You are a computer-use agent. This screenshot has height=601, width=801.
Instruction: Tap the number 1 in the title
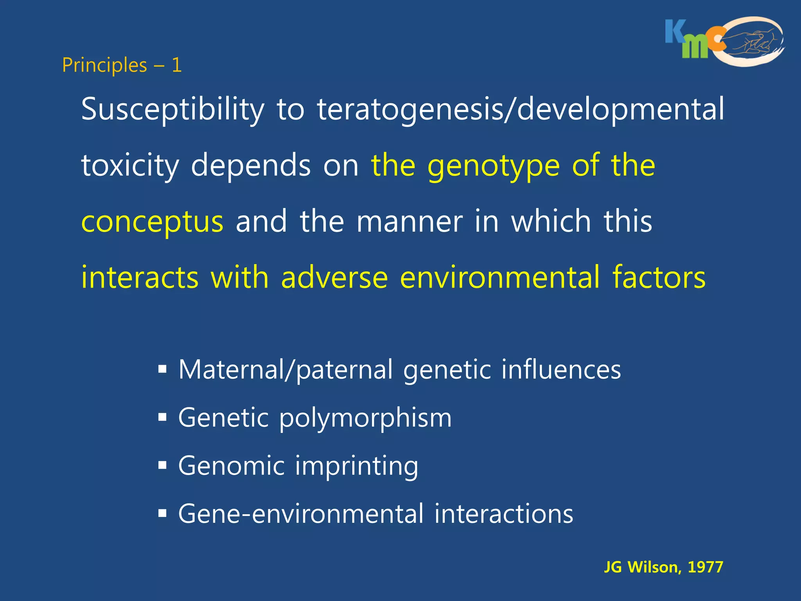click(x=177, y=65)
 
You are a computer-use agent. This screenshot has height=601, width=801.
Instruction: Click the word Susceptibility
click(x=173, y=110)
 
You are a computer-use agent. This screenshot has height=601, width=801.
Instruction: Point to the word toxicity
click(x=130, y=166)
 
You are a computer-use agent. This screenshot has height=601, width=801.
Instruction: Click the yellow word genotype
click(x=494, y=166)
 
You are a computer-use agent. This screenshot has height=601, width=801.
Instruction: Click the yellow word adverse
click(x=334, y=277)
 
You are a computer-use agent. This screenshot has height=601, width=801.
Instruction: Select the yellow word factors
click(x=659, y=277)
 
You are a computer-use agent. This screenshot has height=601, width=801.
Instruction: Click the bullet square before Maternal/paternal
click(x=162, y=369)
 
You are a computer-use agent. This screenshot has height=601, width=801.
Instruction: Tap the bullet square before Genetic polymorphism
click(x=162, y=417)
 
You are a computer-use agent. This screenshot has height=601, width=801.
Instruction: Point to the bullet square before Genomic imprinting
click(x=162, y=466)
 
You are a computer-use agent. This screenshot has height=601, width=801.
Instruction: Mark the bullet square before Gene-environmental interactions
click(x=162, y=513)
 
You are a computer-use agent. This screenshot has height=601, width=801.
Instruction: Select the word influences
click(x=561, y=369)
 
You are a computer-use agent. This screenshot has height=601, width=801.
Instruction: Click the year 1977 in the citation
click(x=706, y=567)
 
